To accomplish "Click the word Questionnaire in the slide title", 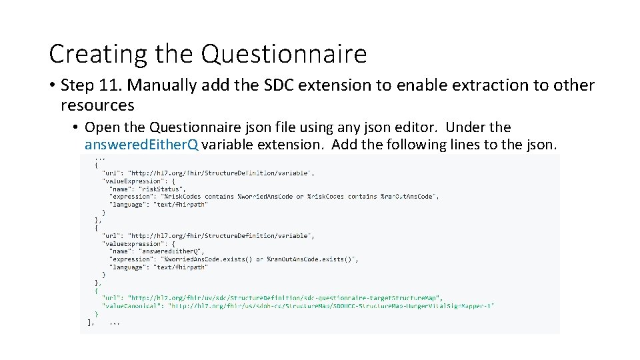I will tap(284, 53).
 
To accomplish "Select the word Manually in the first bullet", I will tap(160, 85).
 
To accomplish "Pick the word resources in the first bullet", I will tap(97, 105).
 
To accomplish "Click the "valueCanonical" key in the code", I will tap(133, 306).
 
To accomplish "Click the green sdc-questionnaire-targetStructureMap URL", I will tap(285, 298).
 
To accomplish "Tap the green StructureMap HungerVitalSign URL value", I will tap(331, 306).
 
